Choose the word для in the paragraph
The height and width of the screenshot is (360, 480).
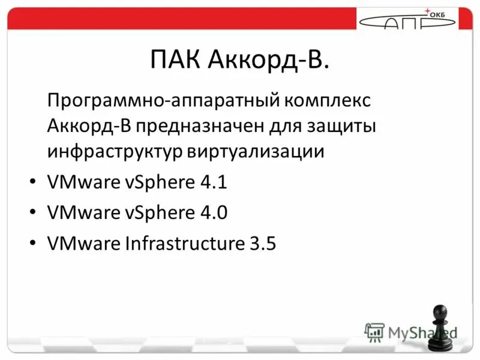282,126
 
